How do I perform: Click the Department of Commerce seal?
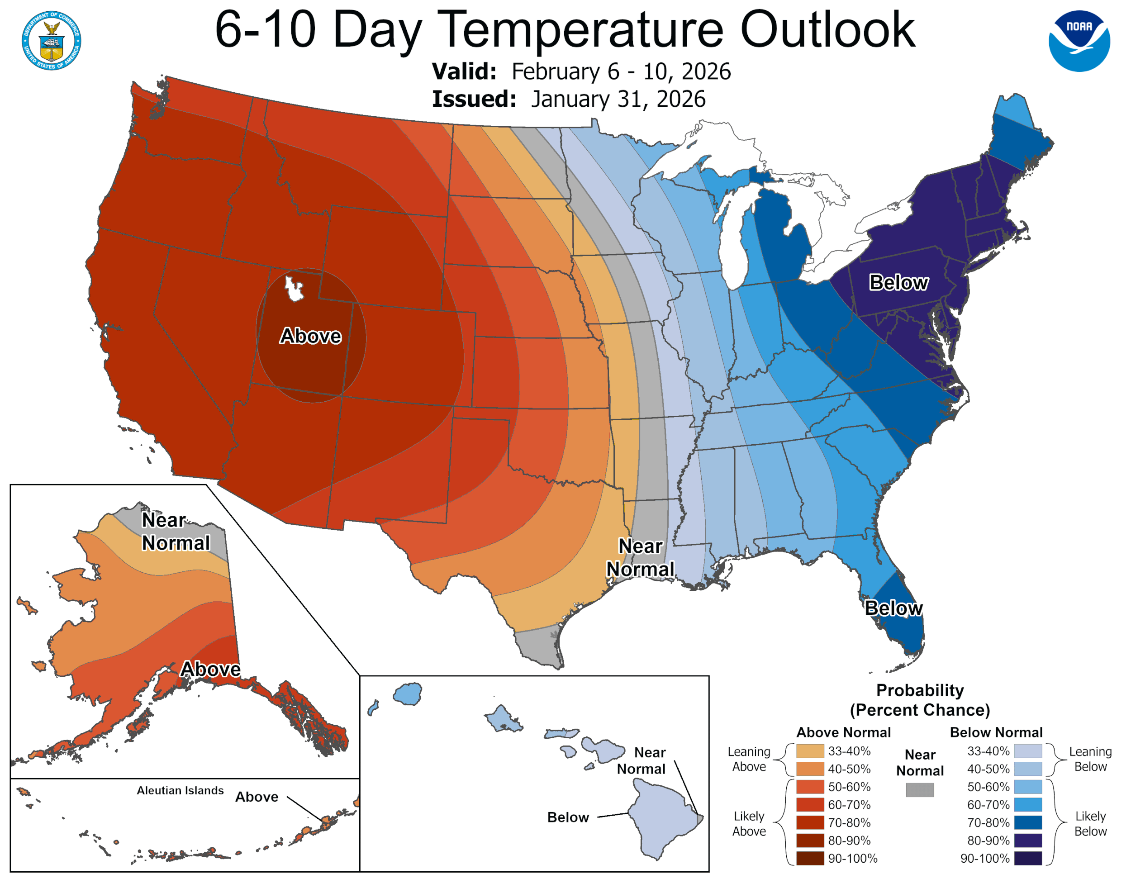(51, 40)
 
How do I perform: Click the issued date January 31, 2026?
(618, 99)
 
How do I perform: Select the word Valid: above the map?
(464, 71)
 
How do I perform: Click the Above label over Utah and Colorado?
(310, 336)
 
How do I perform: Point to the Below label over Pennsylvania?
(898, 283)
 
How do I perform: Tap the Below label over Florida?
(893, 608)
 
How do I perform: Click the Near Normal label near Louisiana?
(640, 558)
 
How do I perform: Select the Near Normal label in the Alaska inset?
(176, 531)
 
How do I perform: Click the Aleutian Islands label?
(180, 790)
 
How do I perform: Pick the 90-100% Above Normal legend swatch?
(810, 859)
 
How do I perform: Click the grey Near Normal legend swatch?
(920, 789)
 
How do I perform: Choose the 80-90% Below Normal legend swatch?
(1028, 841)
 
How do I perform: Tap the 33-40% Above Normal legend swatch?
(810, 751)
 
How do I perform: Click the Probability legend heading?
(920, 690)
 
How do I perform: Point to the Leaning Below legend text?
(1090, 759)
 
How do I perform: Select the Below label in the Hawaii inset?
(568, 817)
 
